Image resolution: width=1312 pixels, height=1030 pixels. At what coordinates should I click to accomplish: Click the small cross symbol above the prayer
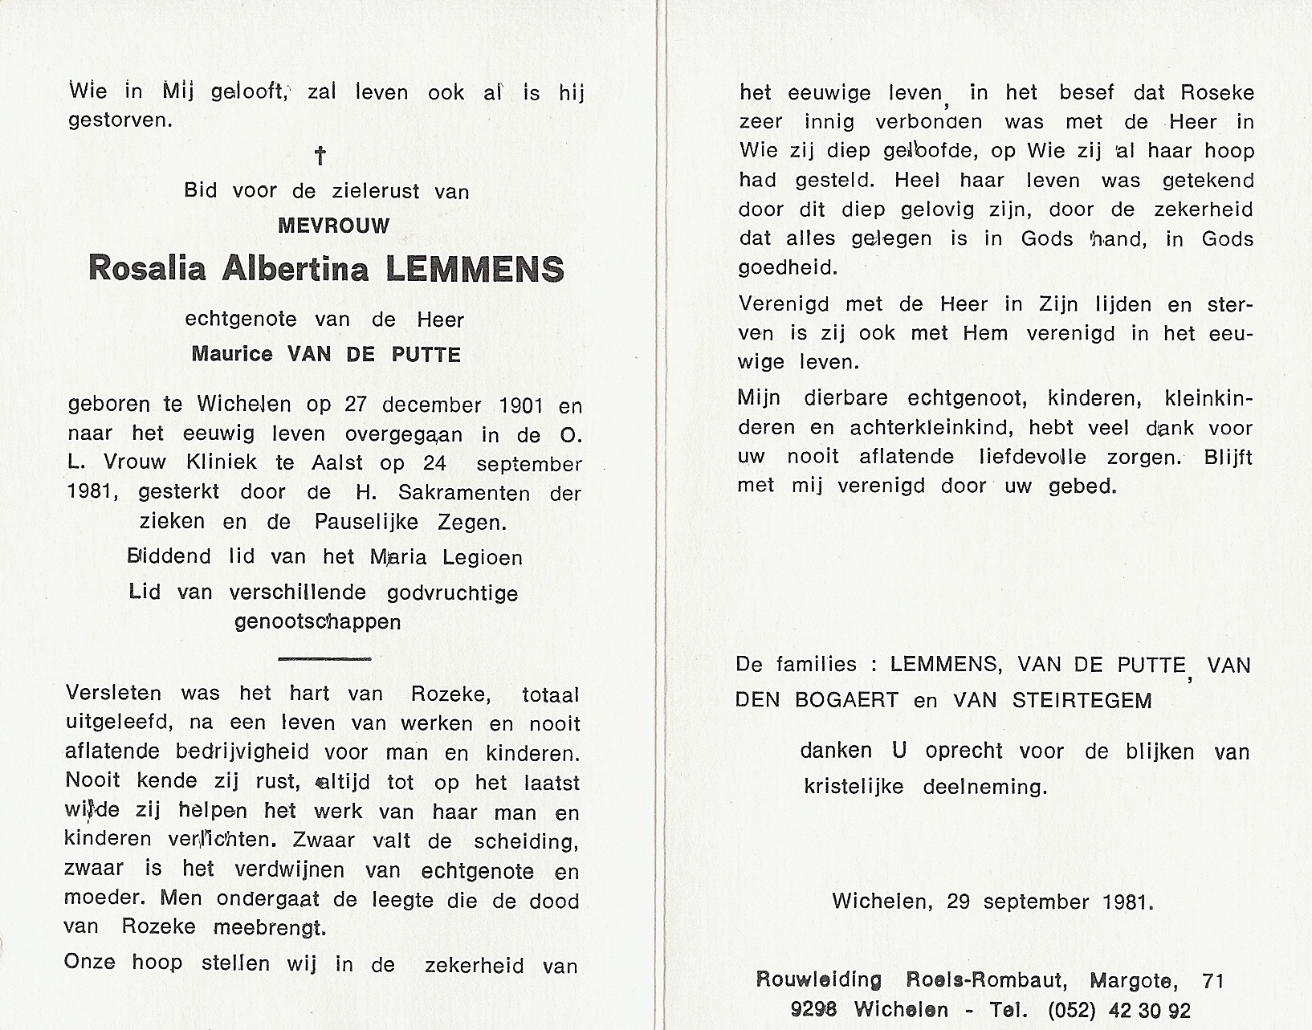(320, 155)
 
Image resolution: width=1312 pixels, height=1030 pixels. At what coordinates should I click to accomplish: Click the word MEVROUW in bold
(333, 226)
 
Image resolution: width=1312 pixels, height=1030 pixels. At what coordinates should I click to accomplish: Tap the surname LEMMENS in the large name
(475, 269)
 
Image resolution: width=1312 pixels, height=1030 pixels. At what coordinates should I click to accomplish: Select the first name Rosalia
(136, 269)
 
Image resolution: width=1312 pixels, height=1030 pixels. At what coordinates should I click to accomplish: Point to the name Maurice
(232, 354)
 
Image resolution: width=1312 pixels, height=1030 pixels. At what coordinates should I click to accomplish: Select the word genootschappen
(317, 621)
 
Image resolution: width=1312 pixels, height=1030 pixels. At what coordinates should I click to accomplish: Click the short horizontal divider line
(324, 659)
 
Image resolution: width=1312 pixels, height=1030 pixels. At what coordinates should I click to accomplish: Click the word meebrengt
(269, 927)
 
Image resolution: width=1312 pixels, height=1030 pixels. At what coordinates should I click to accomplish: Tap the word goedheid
(788, 268)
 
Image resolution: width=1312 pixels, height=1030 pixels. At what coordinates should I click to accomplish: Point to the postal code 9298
(813, 1010)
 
